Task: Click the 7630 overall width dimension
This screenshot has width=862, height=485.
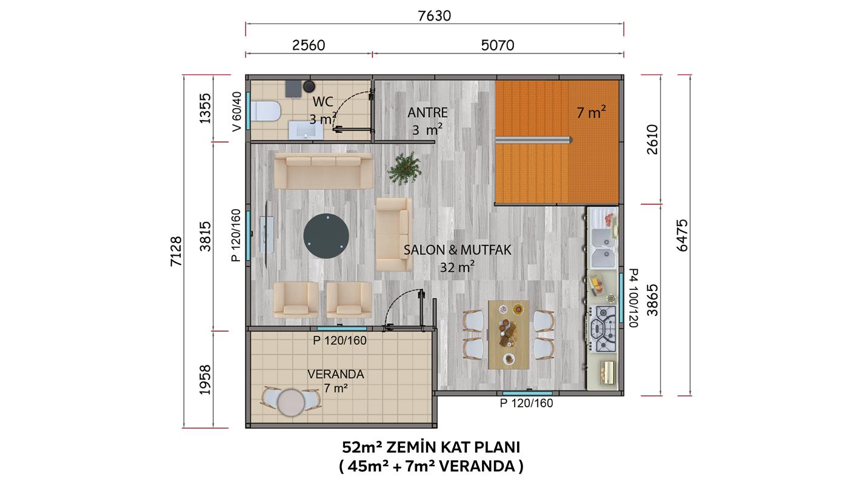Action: click(434, 16)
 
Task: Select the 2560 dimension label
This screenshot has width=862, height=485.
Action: click(308, 45)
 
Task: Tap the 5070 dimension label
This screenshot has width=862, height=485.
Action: click(497, 45)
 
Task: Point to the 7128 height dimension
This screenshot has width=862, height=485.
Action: click(176, 251)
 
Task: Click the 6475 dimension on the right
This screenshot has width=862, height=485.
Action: click(682, 235)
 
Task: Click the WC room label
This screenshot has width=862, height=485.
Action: click(322, 102)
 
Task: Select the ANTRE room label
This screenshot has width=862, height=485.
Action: click(427, 113)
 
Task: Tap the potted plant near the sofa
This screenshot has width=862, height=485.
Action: click(404, 168)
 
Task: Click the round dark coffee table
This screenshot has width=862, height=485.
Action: click(326, 236)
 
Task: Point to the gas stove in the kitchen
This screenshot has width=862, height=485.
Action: click(603, 329)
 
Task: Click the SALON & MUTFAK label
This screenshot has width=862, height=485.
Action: click(457, 250)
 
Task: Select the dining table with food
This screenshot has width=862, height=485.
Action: click(509, 335)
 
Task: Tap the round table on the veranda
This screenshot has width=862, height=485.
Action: click(291, 403)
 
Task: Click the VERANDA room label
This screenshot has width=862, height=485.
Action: click(336, 374)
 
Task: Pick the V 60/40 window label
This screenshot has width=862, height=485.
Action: click(237, 111)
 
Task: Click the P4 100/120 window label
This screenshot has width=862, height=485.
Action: click(633, 298)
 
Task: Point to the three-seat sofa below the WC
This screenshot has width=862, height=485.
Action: click(324, 171)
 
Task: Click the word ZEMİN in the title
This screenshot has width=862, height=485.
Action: click(411, 447)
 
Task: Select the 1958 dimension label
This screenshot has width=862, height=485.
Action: click(205, 380)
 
